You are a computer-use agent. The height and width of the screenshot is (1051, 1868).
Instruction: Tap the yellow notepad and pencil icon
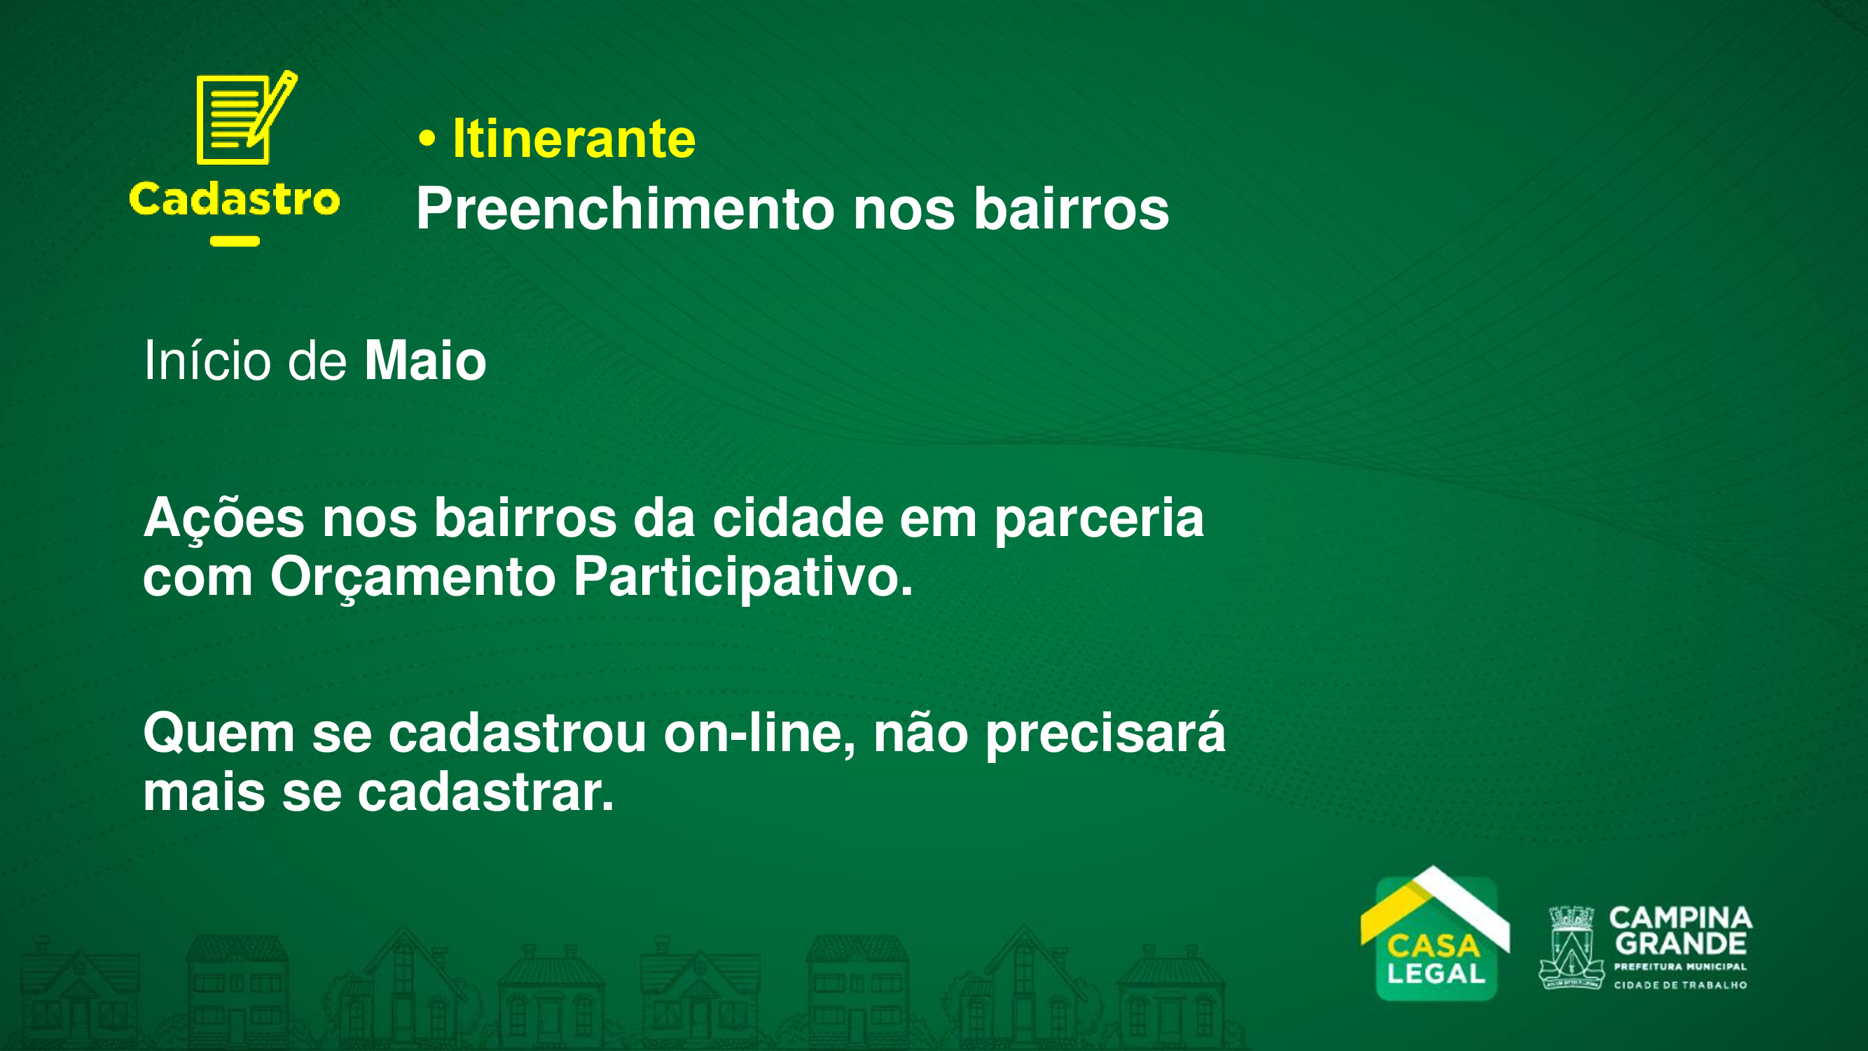tap(247, 118)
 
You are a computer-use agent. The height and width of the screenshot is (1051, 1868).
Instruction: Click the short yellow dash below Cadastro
tap(235, 242)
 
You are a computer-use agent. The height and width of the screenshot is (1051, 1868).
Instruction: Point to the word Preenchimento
tap(625, 208)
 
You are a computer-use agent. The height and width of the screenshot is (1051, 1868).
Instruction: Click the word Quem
tap(219, 734)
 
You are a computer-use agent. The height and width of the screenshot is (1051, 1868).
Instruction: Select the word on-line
tap(760, 734)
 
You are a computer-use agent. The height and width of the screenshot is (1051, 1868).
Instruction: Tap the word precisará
tap(1106, 734)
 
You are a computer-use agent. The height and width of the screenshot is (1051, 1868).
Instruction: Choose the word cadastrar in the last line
tap(486, 792)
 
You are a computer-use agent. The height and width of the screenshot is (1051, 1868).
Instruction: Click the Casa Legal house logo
tap(1435, 933)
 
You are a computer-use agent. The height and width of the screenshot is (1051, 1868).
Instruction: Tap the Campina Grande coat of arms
tap(1571, 947)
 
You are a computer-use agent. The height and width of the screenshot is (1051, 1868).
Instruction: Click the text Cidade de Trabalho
tap(1680, 985)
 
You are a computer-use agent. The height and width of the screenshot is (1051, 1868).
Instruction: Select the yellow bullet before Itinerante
tap(427, 139)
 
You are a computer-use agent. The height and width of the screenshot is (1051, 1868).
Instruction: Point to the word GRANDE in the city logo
tap(1681, 944)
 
